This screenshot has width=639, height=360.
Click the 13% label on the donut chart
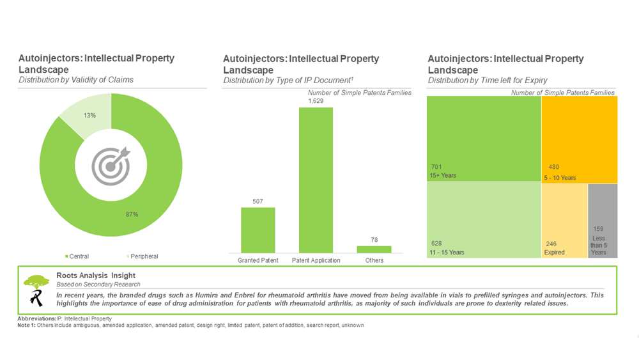[x=89, y=115]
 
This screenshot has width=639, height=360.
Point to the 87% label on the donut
[x=132, y=214]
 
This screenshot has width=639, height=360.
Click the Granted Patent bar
[x=258, y=230]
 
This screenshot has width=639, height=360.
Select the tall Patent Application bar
[x=316, y=180]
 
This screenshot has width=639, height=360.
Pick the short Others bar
[x=374, y=249]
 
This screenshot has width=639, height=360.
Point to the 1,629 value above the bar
[x=316, y=101]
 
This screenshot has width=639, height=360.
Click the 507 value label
[x=258, y=201]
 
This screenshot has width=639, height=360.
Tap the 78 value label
[x=374, y=240]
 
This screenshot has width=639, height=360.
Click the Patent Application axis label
[x=316, y=261]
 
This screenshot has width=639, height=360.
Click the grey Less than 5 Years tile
[x=603, y=221]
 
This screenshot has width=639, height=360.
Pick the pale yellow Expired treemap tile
[x=564, y=221]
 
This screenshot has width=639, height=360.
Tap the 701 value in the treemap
[x=436, y=167]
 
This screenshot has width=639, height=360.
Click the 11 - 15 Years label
[x=448, y=253]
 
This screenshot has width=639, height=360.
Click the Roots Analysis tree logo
[x=35, y=290]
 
